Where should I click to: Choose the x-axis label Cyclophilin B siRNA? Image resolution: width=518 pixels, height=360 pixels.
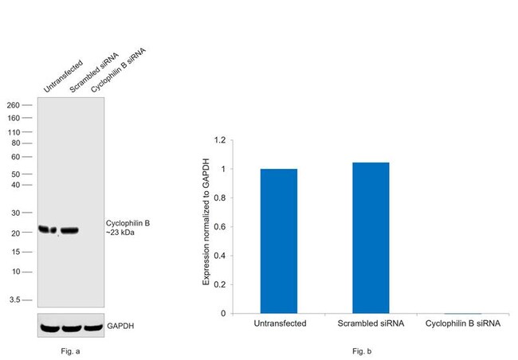[463, 323]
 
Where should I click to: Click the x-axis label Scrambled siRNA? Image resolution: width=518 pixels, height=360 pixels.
[371, 323]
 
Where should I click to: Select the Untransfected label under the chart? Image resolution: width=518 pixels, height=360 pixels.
[278, 323]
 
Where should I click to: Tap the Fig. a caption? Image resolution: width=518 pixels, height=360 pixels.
[69, 350]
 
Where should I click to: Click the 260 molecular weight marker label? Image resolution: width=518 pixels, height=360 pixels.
[24, 105]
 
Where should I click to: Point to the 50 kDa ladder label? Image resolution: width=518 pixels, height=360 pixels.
[26, 174]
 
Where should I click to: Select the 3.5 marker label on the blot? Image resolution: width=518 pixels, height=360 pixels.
[25, 300]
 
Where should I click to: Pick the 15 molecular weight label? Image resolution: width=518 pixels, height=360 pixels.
[26, 252]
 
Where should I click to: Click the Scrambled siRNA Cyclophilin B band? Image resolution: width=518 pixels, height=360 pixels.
[69, 231]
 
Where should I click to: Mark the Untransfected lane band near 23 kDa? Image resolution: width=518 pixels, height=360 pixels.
[48, 230]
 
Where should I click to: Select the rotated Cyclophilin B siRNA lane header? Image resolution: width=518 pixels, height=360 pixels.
[118, 72]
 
